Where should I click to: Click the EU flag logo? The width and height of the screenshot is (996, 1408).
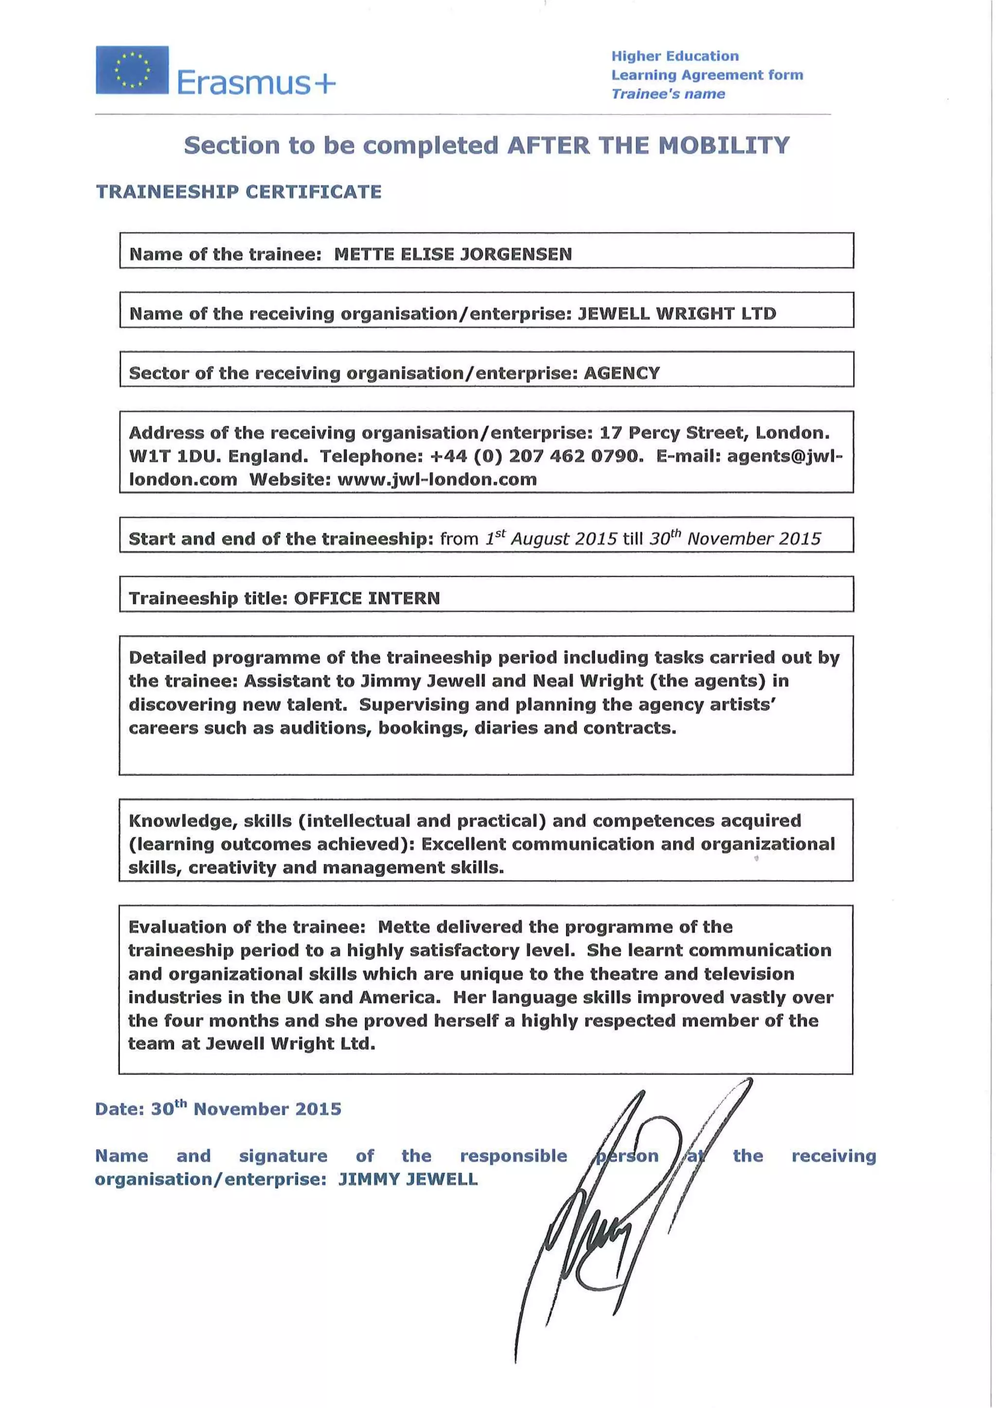point(132,70)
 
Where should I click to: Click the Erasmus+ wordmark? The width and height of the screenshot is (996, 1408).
point(256,83)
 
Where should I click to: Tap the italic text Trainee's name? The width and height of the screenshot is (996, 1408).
point(668,94)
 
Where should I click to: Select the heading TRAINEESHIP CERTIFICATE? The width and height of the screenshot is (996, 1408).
point(239,192)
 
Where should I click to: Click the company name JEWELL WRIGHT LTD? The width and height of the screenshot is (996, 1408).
point(676,314)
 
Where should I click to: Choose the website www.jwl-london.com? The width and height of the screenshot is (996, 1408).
point(437,479)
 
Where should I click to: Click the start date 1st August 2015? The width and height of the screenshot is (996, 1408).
point(551,538)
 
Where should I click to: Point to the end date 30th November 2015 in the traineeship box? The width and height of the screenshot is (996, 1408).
point(735,538)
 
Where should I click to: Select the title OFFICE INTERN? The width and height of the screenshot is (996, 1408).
point(367,598)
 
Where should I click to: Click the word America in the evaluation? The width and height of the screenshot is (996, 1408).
point(399,997)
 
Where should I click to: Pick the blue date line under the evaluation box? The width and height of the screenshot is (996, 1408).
point(218,1109)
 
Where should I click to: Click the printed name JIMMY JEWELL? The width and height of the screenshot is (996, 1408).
point(408,1179)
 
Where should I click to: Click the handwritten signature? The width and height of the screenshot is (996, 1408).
point(620,1220)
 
